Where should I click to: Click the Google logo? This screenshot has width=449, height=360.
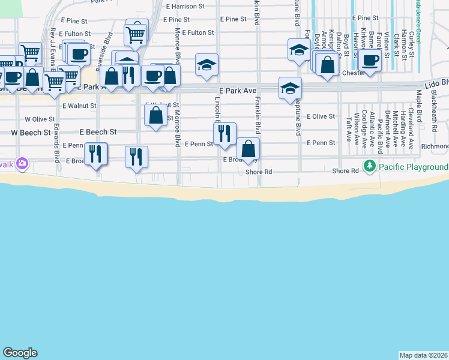(x=20, y=353)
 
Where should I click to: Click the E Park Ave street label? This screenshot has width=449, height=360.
(x=238, y=90)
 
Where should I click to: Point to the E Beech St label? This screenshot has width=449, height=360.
(x=98, y=131)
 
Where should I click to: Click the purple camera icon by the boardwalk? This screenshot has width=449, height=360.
(x=22, y=163)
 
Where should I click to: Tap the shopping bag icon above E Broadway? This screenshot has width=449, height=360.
(x=248, y=149)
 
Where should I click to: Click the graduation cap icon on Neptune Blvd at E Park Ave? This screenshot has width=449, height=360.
(x=290, y=88)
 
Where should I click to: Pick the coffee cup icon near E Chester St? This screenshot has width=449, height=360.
(x=370, y=61)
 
